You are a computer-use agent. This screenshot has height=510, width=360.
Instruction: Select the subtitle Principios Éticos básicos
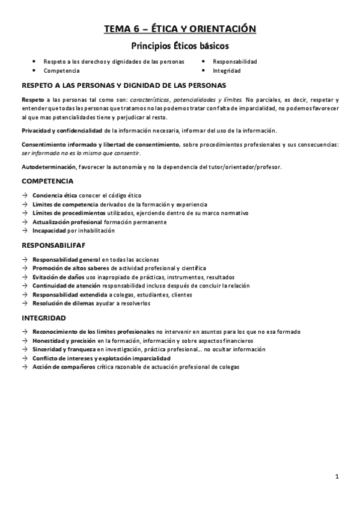tap(180, 45)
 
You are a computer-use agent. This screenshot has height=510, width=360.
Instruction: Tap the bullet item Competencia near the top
tap(62, 70)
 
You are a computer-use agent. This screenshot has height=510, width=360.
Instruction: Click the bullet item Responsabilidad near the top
tap(235, 61)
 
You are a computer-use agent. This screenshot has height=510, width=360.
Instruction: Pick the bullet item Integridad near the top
tap(227, 70)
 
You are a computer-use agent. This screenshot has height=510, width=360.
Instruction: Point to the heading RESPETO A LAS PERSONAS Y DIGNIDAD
tap(124, 85)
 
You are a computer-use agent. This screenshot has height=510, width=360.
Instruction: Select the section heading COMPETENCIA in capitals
tap(47, 180)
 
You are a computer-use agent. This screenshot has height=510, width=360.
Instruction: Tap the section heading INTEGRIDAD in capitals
tap(44, 318)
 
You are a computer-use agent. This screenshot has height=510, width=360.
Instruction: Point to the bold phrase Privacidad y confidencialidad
tap(61, 130)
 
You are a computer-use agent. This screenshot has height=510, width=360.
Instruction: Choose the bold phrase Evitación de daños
tap(59, 277)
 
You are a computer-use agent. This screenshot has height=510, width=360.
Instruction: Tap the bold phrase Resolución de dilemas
tap(63, 303)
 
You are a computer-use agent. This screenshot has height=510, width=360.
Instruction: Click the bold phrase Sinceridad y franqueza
tap(64, 349)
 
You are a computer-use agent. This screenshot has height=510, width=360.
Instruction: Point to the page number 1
tap(337, 477)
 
